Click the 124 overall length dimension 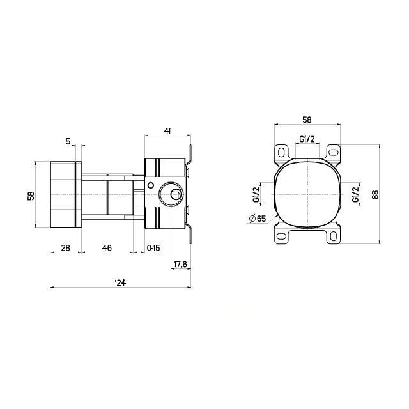(120, 282)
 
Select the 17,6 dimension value (180, 265)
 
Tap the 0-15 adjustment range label (153, 248)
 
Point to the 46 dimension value (107, 248)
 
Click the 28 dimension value (65, 248)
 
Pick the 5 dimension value (68, 141)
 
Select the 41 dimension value (167, 131)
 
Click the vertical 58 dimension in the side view (31, 196)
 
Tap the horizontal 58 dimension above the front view (307, 120)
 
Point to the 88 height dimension (375, 194)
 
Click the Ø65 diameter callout (258, 219)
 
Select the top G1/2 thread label (307, 139)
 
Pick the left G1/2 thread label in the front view (256, 194)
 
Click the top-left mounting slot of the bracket (281, 153)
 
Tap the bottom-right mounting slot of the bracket (333, 236)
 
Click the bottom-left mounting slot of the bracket (281, 236)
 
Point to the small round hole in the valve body (151, 185)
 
